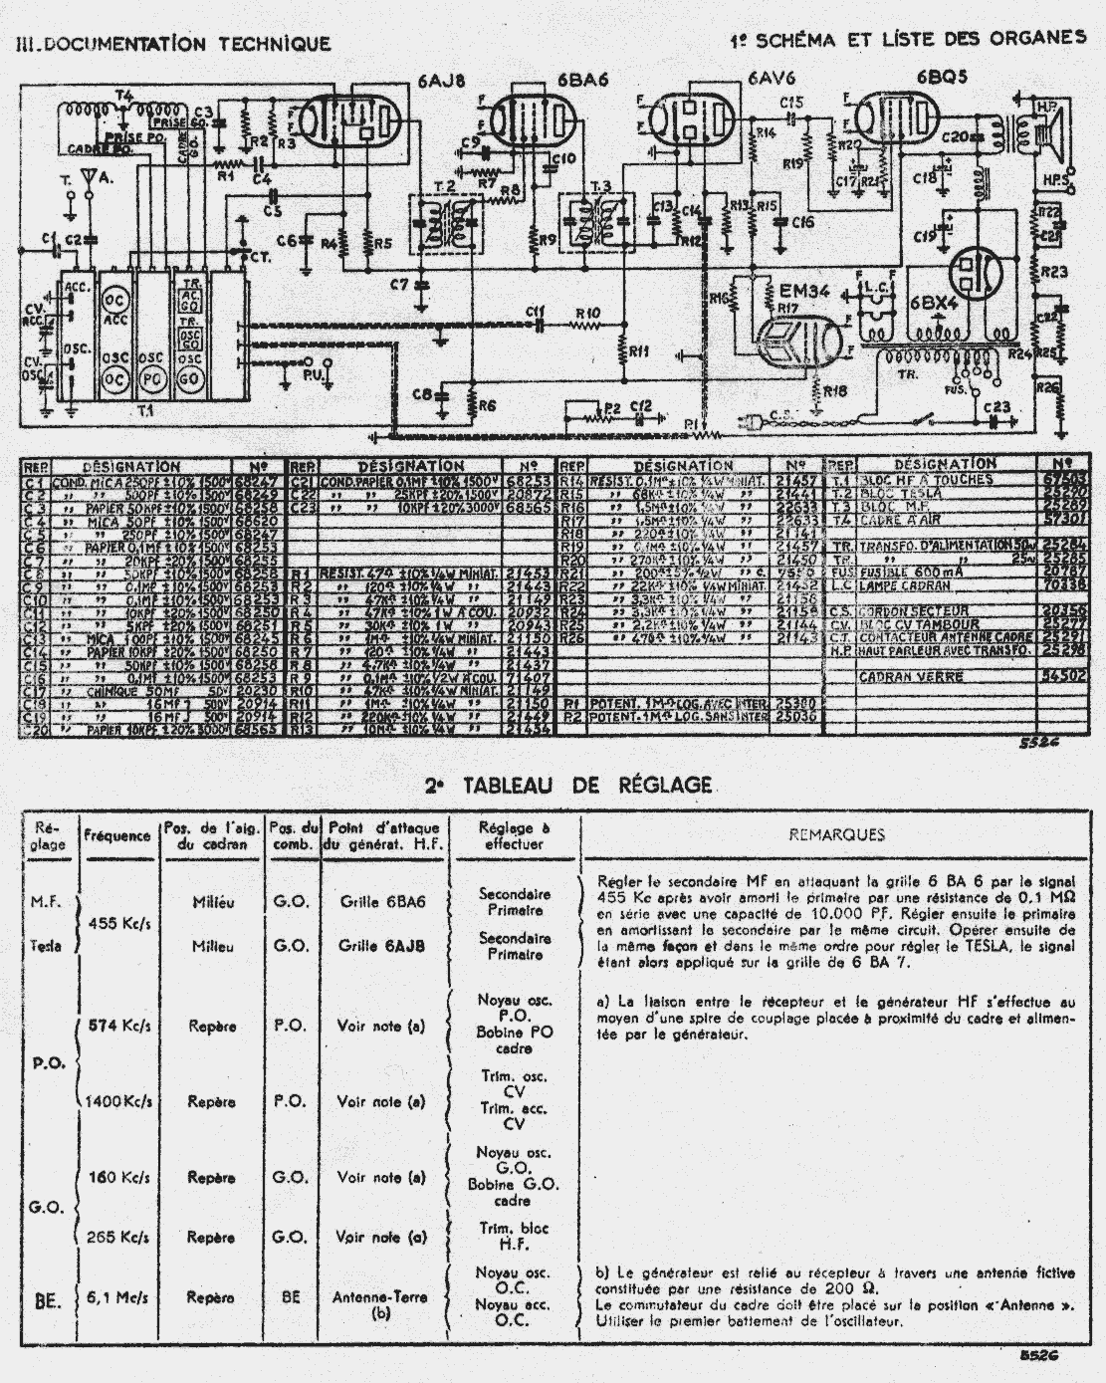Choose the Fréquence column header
[x=117, y=835]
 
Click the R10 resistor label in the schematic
[x=588, y=312]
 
